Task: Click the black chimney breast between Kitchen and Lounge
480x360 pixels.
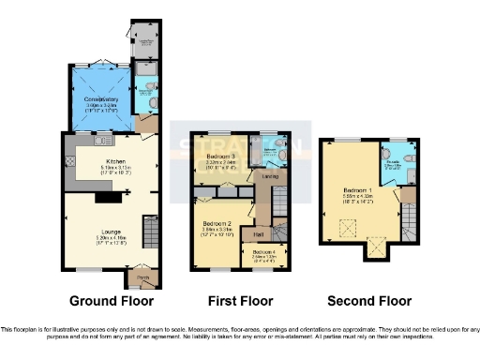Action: [109, 197]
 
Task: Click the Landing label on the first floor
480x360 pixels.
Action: [268, 175]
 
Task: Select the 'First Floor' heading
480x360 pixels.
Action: [241, 301]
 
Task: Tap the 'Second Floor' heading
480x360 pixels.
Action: [368, 301]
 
